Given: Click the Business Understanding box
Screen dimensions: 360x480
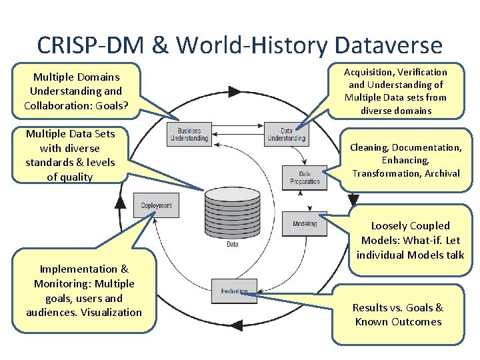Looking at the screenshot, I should tap(189, 134).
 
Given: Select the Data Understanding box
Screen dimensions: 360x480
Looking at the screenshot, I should tap(286, 134).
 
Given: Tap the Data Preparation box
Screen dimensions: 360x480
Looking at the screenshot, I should tap(304, 177).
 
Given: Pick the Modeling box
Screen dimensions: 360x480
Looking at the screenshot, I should tap(305, 224).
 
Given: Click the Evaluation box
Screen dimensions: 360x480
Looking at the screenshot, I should tap(233, 291).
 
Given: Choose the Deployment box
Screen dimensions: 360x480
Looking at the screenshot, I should tap(156, 205).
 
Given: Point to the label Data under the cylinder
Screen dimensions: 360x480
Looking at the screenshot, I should tap(233, 245).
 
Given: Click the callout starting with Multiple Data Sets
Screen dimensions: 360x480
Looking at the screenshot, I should tap(70, 155).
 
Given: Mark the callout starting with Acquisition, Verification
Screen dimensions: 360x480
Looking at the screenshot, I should tap(395, 91).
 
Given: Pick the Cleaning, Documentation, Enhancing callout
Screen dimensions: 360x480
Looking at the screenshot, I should tap(406, 160).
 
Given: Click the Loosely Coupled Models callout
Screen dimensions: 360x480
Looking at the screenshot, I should tap(410, 240).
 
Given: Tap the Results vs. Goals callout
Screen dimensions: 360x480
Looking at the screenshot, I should tap(397, 315).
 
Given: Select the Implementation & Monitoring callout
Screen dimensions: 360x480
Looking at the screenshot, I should tap(84, 291).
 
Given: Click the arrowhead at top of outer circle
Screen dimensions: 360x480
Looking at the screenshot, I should tap(234, 91).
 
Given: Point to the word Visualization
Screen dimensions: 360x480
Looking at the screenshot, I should tap(109, 312).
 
